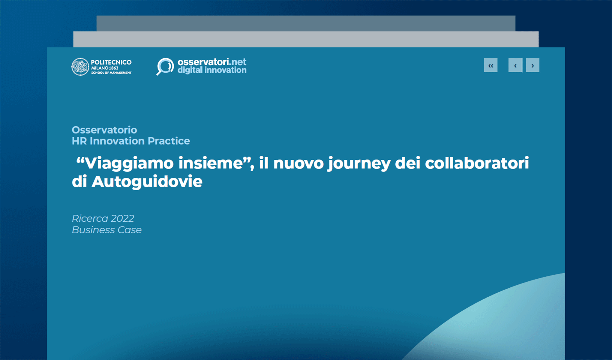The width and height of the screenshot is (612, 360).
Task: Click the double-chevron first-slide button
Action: point(490,65)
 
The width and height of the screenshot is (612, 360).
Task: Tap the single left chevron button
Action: point(515,65)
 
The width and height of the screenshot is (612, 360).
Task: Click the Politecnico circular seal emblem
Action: point(80,67)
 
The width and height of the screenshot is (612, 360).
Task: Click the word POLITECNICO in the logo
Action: point(111,62)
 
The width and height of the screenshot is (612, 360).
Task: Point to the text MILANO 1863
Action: point(105,68)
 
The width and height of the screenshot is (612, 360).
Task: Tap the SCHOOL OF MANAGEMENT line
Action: point(111,73)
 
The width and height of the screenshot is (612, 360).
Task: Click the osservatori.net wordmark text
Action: point(212,62)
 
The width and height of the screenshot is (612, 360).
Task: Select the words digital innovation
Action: point(212,70)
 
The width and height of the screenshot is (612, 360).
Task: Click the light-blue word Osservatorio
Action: point(104,130)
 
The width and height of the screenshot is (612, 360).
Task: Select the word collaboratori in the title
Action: point(477,163)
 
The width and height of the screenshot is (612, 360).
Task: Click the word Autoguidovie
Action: point(147,182)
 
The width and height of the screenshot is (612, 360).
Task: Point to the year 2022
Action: point(122,218)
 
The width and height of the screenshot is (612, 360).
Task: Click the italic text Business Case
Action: point(106,230)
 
